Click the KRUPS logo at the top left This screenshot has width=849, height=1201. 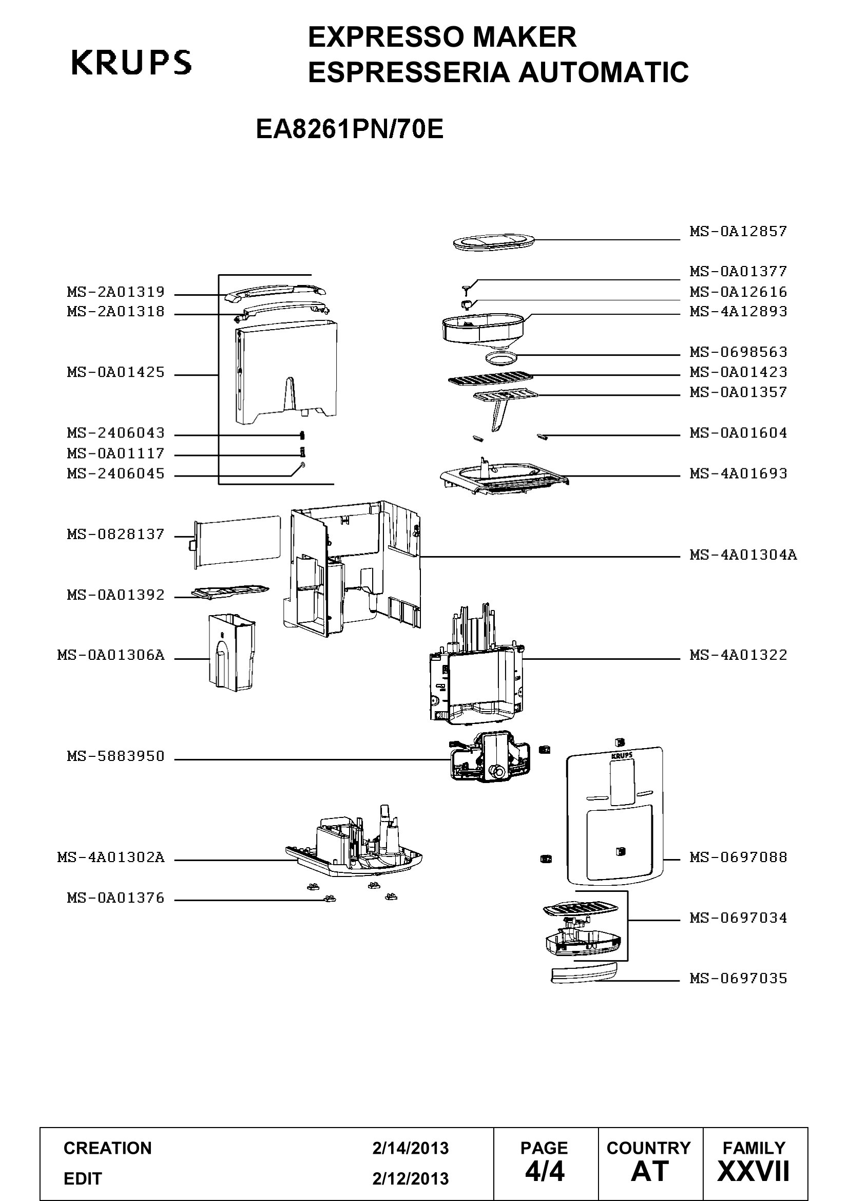pos(131,62)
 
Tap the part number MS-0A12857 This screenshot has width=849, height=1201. pos(738,231)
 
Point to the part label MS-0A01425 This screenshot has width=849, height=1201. pos(115,372)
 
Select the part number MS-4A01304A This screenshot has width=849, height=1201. pos(743,555)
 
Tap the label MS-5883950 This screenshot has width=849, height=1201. pos(115,756)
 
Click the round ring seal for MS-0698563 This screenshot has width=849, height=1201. pos(501,358)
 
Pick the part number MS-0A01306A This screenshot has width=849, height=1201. pos(111,655)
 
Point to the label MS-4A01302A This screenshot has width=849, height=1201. pos(111,857)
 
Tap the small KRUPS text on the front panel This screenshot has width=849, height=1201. pos(622,755)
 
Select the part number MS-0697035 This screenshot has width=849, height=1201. pos(738,978)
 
